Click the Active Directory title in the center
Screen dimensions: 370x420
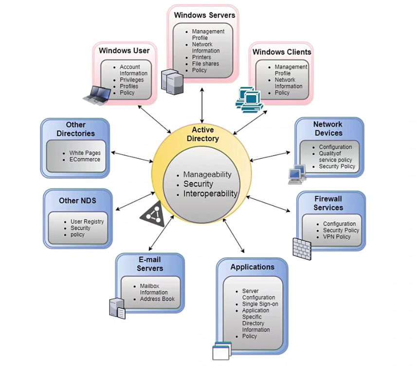202,134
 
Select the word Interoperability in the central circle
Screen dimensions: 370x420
210,194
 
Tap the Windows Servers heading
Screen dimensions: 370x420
204,15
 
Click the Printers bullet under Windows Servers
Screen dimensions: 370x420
202,57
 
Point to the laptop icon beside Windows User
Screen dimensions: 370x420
96,94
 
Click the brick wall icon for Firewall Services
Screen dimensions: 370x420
302,248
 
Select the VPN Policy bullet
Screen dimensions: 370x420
337,237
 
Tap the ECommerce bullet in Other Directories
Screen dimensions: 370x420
85,159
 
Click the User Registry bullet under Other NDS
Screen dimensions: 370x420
87,222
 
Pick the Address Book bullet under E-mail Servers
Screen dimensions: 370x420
157,299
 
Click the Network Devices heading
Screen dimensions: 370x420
328,129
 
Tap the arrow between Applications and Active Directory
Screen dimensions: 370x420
233,235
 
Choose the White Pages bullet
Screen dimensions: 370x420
85,153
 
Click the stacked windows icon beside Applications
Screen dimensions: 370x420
221,351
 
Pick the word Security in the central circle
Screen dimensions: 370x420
198,184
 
